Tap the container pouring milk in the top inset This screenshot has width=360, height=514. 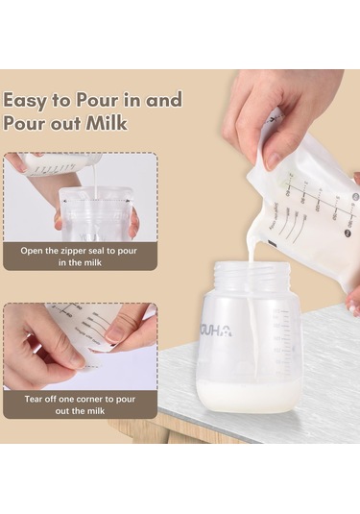(62, 165)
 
